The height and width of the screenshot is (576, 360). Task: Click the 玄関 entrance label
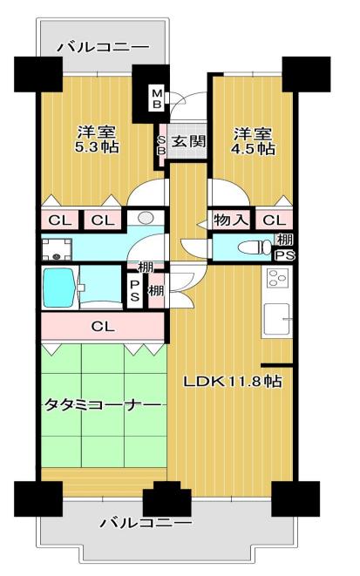(x=188, y=141)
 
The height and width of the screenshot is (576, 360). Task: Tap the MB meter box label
(x=157, y=98)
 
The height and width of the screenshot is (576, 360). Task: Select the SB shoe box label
(x=162, y=146)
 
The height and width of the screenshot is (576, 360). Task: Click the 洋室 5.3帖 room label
(x=97, y=139)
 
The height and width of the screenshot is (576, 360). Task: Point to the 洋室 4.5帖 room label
(x=253, y=141)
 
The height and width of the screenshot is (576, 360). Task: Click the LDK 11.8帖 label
(x=233, y=382)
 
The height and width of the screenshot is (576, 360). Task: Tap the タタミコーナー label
(x=103, y=405)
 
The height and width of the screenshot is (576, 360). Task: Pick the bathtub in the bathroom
(x=59, y=288)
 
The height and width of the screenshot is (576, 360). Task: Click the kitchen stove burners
(x=278, y=278)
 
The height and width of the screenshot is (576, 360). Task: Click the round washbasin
(x=146, y=218)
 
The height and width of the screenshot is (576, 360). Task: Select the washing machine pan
(x=57, y=249)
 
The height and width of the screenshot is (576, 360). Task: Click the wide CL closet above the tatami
(x=103, y=326)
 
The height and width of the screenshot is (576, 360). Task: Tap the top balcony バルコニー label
(x=104, y=47)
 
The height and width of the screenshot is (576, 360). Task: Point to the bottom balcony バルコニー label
(x=146, y=523)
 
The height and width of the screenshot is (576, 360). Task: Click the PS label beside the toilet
(x=285, y=255)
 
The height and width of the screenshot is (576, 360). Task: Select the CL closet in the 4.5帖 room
(x=275, y=220)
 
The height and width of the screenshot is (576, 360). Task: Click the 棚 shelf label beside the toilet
(x=285, y=240)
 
